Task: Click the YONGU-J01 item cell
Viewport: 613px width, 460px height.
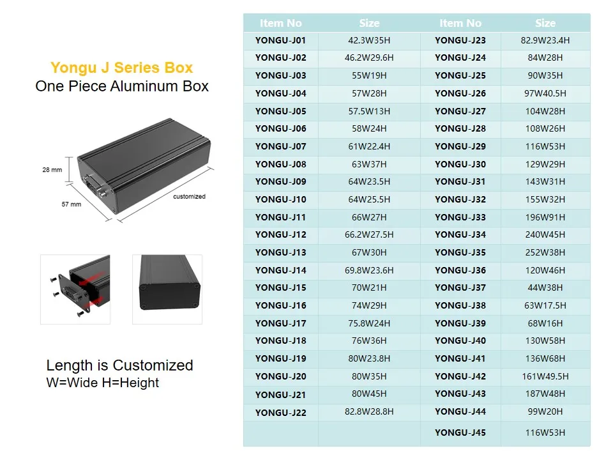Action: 280,40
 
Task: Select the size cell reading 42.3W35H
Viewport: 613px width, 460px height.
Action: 369,40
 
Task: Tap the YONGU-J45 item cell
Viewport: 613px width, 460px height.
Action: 460,433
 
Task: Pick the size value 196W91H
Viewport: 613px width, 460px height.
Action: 545,217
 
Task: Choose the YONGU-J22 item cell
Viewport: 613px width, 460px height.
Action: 280,413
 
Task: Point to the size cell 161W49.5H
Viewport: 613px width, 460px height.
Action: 545,376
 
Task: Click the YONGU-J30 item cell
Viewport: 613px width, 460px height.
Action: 460,164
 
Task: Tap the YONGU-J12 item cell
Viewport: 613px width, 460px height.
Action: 280,234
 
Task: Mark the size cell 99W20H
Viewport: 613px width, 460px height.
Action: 545,411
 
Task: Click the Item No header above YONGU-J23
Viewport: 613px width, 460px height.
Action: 460,23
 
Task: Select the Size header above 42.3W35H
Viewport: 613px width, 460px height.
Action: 369,23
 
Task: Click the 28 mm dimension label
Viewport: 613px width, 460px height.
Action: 52,170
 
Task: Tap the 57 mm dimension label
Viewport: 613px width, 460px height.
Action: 71,204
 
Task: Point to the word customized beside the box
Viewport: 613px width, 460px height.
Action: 189,196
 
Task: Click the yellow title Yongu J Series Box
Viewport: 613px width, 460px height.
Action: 121,68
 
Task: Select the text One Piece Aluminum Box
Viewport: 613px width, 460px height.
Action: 122,86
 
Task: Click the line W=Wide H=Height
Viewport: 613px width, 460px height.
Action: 103,383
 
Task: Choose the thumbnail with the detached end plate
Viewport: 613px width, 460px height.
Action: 75,289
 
